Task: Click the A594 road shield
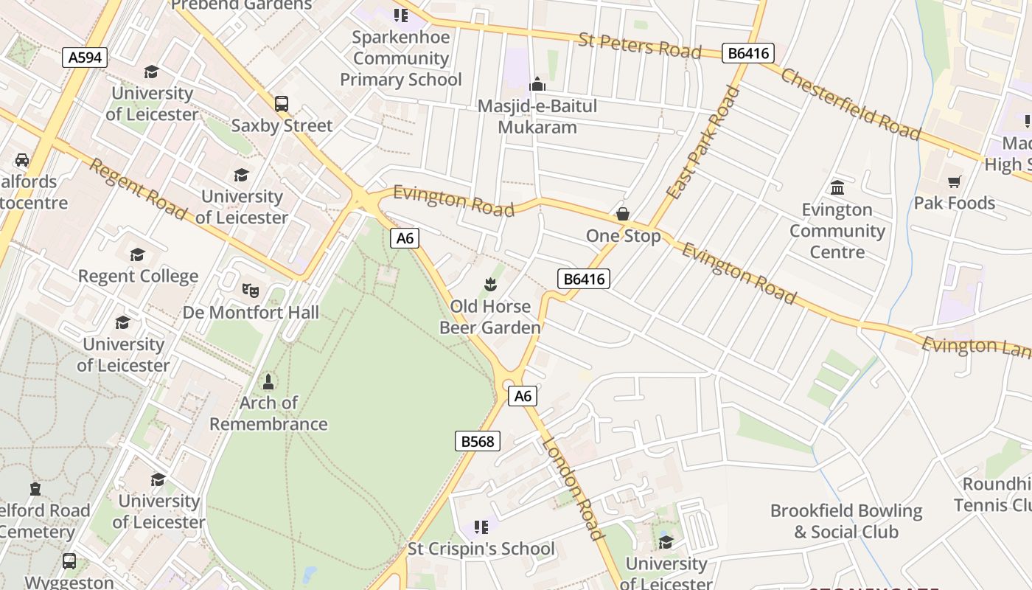(x=85, y=58)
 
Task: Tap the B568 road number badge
(x=477, y=441)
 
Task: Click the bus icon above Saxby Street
(x=282, y=104)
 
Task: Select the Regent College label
(x=138, y=277)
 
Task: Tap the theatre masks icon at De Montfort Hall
(x=251, y=290)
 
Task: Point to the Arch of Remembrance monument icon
(x=268, y=382)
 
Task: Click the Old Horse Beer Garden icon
(x=489, y=284)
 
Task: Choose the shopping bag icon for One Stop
(x=623, y=214)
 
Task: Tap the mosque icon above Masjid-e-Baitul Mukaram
(x=537, y=84)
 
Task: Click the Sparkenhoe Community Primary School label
(x=400, y=58)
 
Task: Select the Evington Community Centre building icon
(x=837, y=188)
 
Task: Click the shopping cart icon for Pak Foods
(x=955, y=181)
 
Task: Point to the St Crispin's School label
(x=481, y=549)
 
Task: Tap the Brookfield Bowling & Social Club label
(x=846, y=521)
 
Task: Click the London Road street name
(x=573, y=487)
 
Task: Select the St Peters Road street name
(x=639, y=46)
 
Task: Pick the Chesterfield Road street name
(x=851, y=104)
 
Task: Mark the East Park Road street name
(x=703, y=143)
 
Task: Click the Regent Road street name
(x=138, y=188)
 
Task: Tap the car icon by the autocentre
(x=22, y=160)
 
